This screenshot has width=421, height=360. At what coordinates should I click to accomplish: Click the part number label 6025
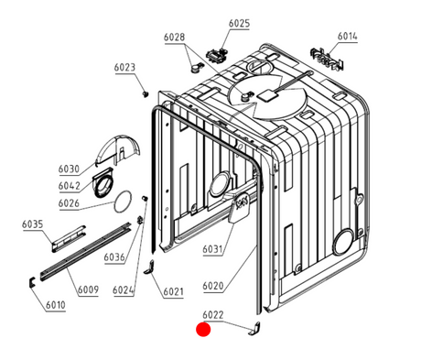[x=239, y=24]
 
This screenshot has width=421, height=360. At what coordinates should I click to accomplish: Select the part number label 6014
[x=347, y=37]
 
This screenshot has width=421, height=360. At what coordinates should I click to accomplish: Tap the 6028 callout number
[x=174, y=38]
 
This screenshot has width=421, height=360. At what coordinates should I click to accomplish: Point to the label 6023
[x=124, y=68]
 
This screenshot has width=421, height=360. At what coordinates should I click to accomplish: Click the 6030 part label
[x=69, y=169]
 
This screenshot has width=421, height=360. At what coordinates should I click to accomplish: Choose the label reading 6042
[x=69, y=186]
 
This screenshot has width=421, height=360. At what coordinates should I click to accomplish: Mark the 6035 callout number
[x=32, y=224]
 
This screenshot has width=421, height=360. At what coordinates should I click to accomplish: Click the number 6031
[x=213, y=249]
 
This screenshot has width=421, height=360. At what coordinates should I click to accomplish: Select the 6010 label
[x=56, y=305]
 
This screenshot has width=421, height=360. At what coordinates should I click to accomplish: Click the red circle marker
[x=203, y=330]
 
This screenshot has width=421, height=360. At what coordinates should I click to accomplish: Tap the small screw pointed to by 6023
[x=146, y=93]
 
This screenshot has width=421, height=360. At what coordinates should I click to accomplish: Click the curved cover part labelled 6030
[x=118, y=150]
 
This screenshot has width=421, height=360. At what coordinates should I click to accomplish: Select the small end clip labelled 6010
[x=32, y=282]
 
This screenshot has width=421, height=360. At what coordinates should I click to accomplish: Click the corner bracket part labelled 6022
[x=254, y=328]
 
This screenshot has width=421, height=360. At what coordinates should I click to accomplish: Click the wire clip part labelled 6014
[x=327, y=59]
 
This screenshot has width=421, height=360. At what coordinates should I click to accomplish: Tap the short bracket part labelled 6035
[x=69, y=239]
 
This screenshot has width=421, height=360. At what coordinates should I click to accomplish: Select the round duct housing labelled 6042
[x=103, y=183]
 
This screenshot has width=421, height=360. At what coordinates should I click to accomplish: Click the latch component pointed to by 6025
[x=217, y=56]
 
